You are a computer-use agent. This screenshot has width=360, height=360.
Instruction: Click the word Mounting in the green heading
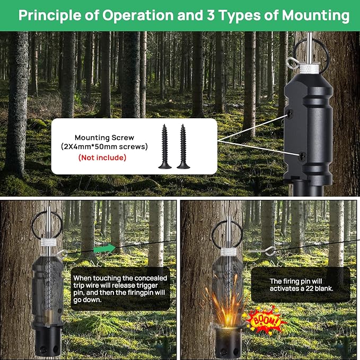pyautogui.click(x=315, y=16)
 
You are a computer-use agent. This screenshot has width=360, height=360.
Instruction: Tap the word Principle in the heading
pyautogui.click(x=50, y=15)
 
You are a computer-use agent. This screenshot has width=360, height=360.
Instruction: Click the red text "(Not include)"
pyautogui.click(x=102, y=157)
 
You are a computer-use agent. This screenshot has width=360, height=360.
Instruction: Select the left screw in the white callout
pyautogui.click(x=164, y=146)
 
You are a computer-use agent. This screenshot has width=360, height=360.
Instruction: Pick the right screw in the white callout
pyautogui.click(x=183, y=146)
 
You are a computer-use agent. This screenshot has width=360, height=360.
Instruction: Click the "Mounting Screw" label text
pyautogui.click(x=104, y=138)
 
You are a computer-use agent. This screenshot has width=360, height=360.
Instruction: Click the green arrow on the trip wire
pyautogui.click(x=104, y=249)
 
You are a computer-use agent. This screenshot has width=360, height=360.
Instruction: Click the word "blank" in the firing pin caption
pyautogui.click(x=323, y=288)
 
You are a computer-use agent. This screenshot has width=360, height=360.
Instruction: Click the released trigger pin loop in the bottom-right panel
pyautogui.click(x=270, y=251)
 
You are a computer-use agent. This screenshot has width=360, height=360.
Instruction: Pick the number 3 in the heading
pyautogui.click(x=211, y=15)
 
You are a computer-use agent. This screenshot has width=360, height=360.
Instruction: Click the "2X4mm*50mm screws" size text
pyautogui.click(x=104, y=146)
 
